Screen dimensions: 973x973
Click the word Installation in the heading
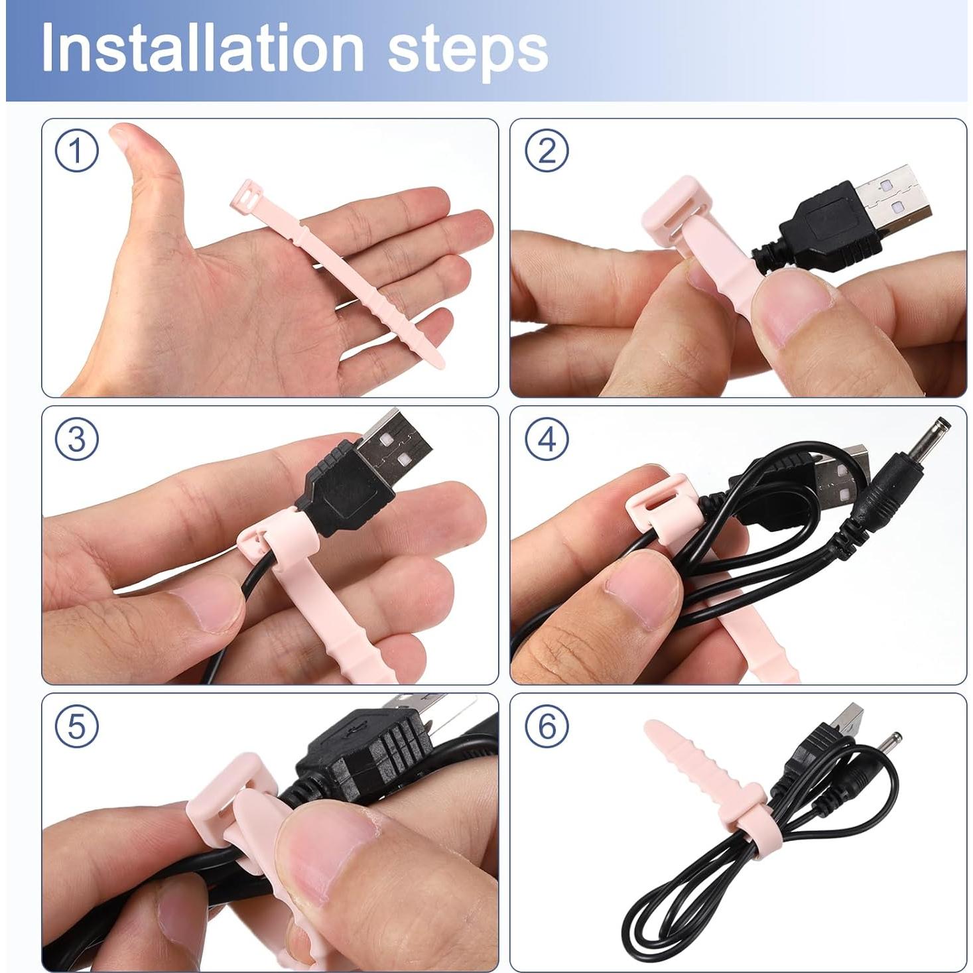[202, 48]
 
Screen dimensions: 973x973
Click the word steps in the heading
[468, 50]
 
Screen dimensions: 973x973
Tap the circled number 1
[77, 151]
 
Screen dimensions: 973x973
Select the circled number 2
[547, 151]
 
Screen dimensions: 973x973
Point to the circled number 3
[77, 439]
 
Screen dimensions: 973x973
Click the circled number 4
[547, 439]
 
